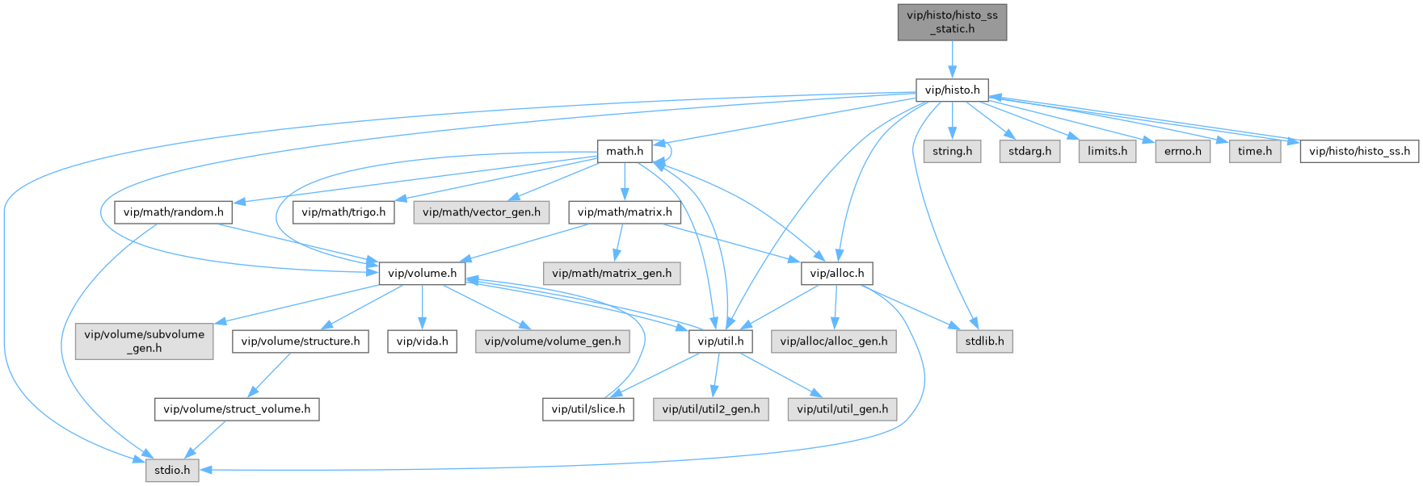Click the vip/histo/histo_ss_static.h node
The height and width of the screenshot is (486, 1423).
tap(952, 22)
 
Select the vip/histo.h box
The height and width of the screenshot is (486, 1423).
tap(952, 90)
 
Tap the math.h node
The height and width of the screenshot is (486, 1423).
tap(625, 151)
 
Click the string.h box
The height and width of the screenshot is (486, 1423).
tap(952, 151)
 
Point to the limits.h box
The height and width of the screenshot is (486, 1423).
tap(1107, 151)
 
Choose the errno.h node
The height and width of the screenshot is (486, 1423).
tap(1183, 151)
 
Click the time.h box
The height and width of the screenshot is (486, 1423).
tap(1255, 151)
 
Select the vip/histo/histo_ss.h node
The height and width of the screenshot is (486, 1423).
tap(1359, 151)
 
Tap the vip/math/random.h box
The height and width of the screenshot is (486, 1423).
tap(174, 212)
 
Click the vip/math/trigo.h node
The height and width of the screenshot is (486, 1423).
tap(344, 212)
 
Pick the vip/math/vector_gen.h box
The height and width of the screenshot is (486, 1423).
tap(482, 212)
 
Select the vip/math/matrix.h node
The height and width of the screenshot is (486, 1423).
tap(624, 212)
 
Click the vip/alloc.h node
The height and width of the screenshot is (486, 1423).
tap(836, 274)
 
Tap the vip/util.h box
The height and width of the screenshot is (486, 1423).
tap(721, 341)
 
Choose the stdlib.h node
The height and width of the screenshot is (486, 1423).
tap(984, 341)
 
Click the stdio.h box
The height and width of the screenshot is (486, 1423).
tap(172, 470)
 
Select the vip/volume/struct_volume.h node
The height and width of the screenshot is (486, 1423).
tap(237, 409)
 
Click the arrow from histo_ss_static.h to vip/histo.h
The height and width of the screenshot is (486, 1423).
tap(952, 58)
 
